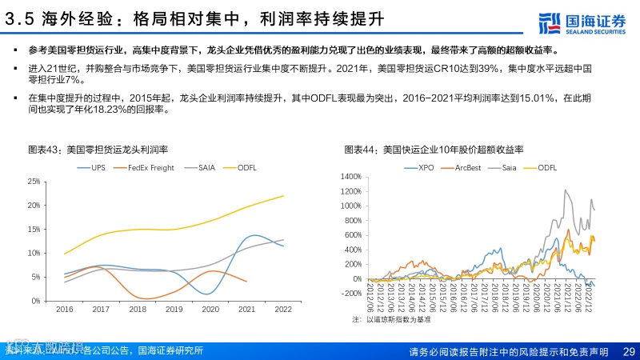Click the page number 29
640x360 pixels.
[628, 351]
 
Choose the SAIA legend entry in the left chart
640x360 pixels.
[205, 167]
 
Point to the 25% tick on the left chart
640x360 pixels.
[33, 182]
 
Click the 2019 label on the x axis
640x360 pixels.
[175, 309]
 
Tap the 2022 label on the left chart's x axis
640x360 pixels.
[284, 309]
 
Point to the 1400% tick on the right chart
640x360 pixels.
[350, 176]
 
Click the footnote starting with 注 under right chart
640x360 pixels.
[392, 319]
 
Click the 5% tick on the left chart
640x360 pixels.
[35, 277]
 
